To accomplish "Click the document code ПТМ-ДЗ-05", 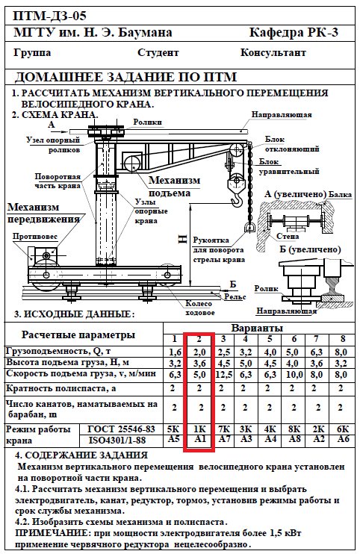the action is (49, 16).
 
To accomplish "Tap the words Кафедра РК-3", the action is (294, 33).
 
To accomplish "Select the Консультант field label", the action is (273, 53).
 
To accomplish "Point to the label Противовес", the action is (35, 237).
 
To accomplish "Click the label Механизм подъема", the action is (174, 187).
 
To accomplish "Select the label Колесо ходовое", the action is (199, 308).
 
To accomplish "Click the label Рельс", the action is (235, 297).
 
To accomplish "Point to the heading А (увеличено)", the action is (295, 194).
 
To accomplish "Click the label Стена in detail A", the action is (288, 236).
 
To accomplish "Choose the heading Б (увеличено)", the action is (310, 249).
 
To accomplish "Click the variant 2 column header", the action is (199, 339).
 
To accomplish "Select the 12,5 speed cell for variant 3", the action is (223, 374).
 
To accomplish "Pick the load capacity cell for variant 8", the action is (341, 352).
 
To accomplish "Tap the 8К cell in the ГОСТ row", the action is (294, 429).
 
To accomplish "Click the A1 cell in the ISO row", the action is (199, 439).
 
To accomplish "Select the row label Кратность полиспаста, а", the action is (60, 389).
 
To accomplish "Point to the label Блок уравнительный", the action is (289, 166).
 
